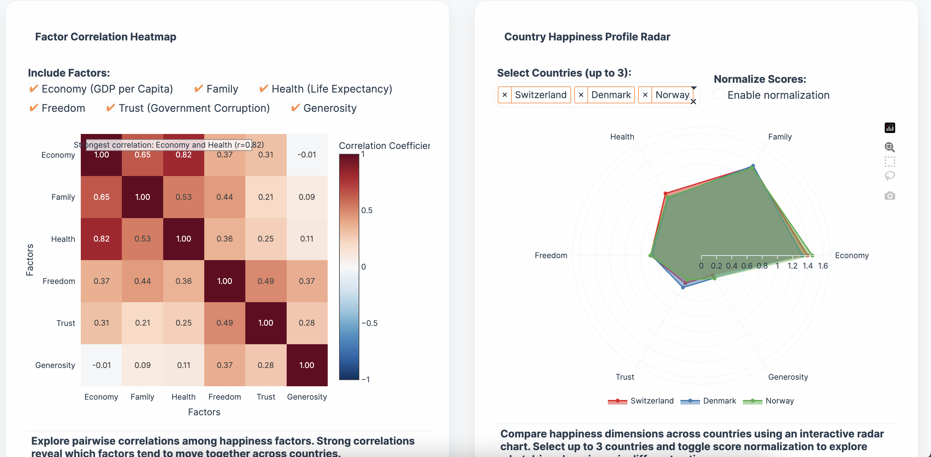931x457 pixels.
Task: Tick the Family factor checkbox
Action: click(x=198, y=89)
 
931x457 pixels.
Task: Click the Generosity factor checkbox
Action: click(x=295, y=108)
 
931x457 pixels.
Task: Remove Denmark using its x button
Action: click(x=581, y=95)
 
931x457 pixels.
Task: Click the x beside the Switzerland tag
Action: click(x=505, y=95)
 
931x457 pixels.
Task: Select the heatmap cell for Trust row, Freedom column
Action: click(x=224, y=323)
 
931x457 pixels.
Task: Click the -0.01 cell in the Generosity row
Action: click(x=101, y=365)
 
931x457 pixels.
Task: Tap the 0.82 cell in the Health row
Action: click(x=101, y=239)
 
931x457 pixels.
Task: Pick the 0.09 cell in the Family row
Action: click(x=307, y=197)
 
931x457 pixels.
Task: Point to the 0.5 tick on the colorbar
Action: click(x=366, y=211)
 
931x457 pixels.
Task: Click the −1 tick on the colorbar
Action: click(x=366, y=379)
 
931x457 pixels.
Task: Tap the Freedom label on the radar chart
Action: click(x=551, y=256)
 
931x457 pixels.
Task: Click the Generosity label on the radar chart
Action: click(x=788, y=377)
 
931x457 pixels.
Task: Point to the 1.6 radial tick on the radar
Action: click(x=823, y=266)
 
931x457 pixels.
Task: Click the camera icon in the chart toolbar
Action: click(x=889, y=196)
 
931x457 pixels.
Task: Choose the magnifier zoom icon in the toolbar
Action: click(x=889, y=147)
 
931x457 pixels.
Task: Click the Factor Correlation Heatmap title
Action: click(x=106, y=37)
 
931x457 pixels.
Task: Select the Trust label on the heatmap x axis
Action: click(x=265, y=397)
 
